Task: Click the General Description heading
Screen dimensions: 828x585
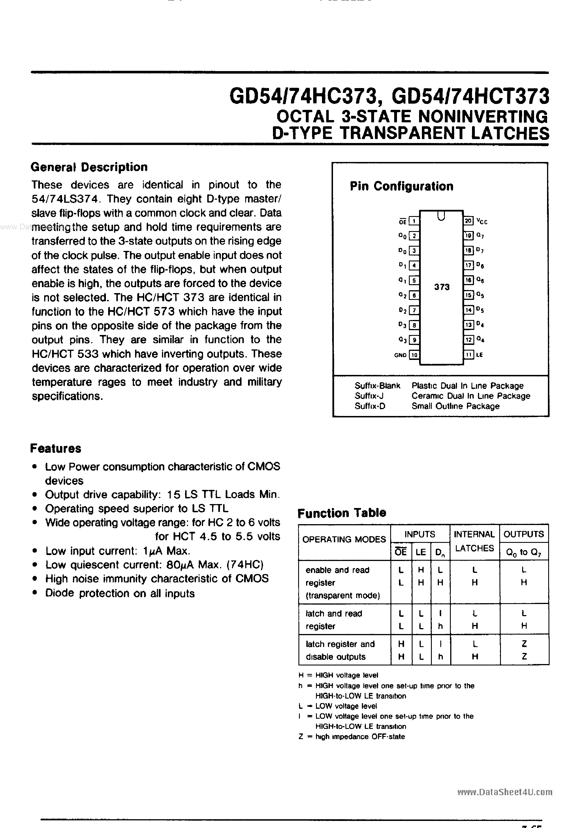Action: point(89,167)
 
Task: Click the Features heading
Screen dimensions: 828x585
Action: point(55,448)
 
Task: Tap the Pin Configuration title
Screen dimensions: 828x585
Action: point(402,186)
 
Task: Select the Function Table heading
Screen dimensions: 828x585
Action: point(341,513)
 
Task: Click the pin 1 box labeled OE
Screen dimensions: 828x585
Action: point(414,221)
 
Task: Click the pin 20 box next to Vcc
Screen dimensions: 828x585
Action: point(468,221)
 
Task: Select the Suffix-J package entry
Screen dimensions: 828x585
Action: point(369,396)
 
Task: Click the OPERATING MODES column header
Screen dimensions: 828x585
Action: point(344,539)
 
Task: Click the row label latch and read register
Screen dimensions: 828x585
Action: point(334,620)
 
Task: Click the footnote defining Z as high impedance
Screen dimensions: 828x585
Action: point(352,737)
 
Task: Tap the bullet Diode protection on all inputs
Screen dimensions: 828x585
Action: point(120,593)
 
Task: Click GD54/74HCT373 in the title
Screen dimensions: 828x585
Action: point(470,97)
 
